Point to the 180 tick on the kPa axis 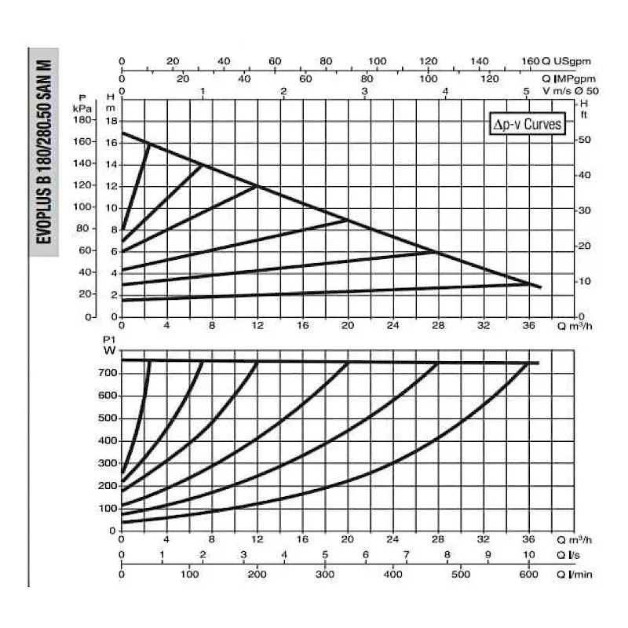coord(104,120)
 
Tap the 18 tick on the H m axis coord(112,120)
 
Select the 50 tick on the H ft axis coord(584,139)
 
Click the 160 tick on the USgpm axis coord(530,60)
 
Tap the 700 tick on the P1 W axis coord(106,373)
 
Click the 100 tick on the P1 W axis coord(106,508)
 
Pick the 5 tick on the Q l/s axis coord(324,557)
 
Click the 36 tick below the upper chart coord(528,324)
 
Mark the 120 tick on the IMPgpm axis coord(490,78)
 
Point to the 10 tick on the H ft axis coord(584,281)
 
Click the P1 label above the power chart coord(109,338)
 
